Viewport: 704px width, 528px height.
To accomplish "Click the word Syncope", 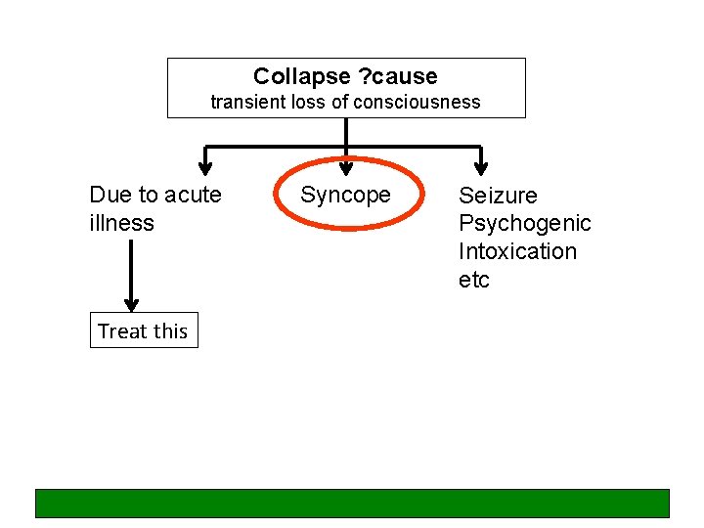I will (x=345, y=196).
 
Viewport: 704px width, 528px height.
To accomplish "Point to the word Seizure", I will (x=498, y=196).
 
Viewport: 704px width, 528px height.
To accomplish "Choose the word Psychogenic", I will (x=525, y=224).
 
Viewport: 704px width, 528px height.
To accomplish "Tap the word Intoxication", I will (x=518, y=251).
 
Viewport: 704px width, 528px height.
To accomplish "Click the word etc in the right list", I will (x=474, y=280).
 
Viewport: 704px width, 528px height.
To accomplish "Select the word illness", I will (x=121, y=223).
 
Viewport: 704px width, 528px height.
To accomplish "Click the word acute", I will (x=193, y=195).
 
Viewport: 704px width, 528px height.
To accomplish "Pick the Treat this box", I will (x=143, y=330).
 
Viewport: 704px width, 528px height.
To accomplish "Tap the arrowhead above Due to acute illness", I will (x=204, y=167).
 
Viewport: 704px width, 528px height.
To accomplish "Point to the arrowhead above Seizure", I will (x=480, y=167).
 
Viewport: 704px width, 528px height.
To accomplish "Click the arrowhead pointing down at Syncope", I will (x=345, y=167).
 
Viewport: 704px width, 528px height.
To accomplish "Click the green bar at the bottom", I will (x=352, y=503).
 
